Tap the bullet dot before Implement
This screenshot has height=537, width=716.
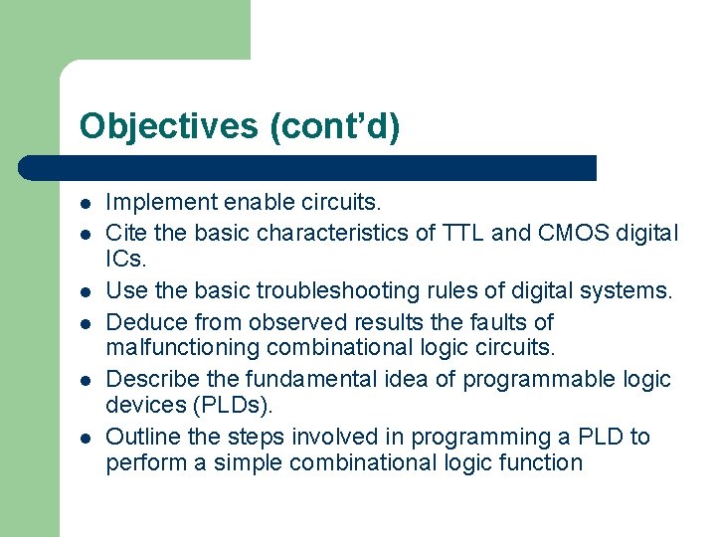click(87, 204)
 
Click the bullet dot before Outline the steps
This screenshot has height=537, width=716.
click(87, 438)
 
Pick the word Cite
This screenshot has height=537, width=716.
click(125, 233)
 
